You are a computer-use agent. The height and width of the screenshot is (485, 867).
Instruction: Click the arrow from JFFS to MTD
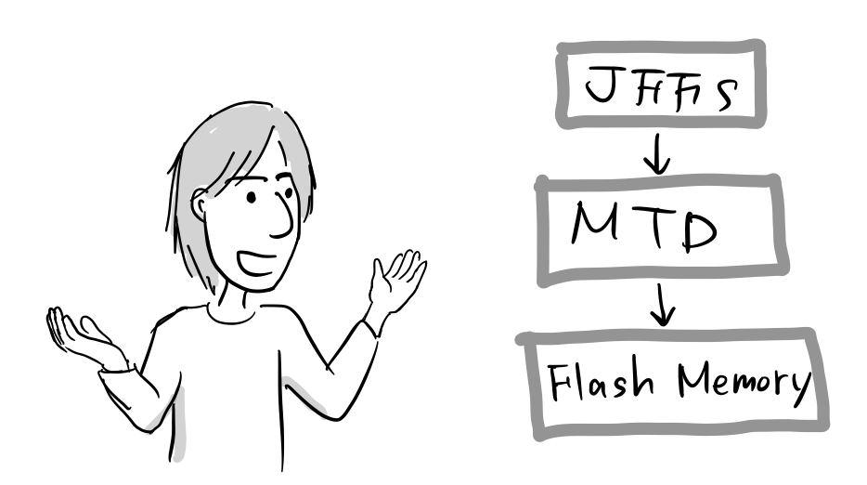tap(656, 154)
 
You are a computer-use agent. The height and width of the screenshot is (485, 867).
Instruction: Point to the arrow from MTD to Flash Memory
tap(661, 305)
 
